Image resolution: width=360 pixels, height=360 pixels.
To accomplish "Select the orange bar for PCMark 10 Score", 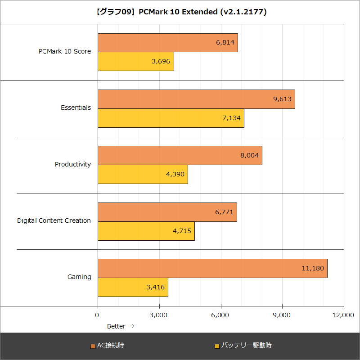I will click(167, 43).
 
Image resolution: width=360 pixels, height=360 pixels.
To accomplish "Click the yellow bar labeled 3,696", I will click(135, 62).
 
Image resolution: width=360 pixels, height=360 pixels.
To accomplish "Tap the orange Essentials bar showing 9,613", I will click(196, 99).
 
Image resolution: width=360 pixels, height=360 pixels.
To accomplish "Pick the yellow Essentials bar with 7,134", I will click(171, 118).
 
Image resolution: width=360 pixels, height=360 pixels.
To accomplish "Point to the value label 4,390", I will click(175, 175).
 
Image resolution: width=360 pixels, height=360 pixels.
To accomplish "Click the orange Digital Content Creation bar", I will click(167, 212).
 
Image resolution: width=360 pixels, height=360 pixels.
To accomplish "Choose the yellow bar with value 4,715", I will click(146, 231).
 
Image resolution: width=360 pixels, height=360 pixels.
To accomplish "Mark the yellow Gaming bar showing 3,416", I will click(133, 288).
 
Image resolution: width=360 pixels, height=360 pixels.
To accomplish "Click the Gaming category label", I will click(79, 277).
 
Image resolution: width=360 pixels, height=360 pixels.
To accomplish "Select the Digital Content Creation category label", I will click(54, 220).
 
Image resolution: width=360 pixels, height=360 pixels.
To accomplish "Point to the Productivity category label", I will click(73, 164).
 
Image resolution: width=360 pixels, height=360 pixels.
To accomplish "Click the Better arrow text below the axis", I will click(120, 326).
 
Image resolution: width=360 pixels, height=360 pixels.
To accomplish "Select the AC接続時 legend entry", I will click(108, 346).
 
